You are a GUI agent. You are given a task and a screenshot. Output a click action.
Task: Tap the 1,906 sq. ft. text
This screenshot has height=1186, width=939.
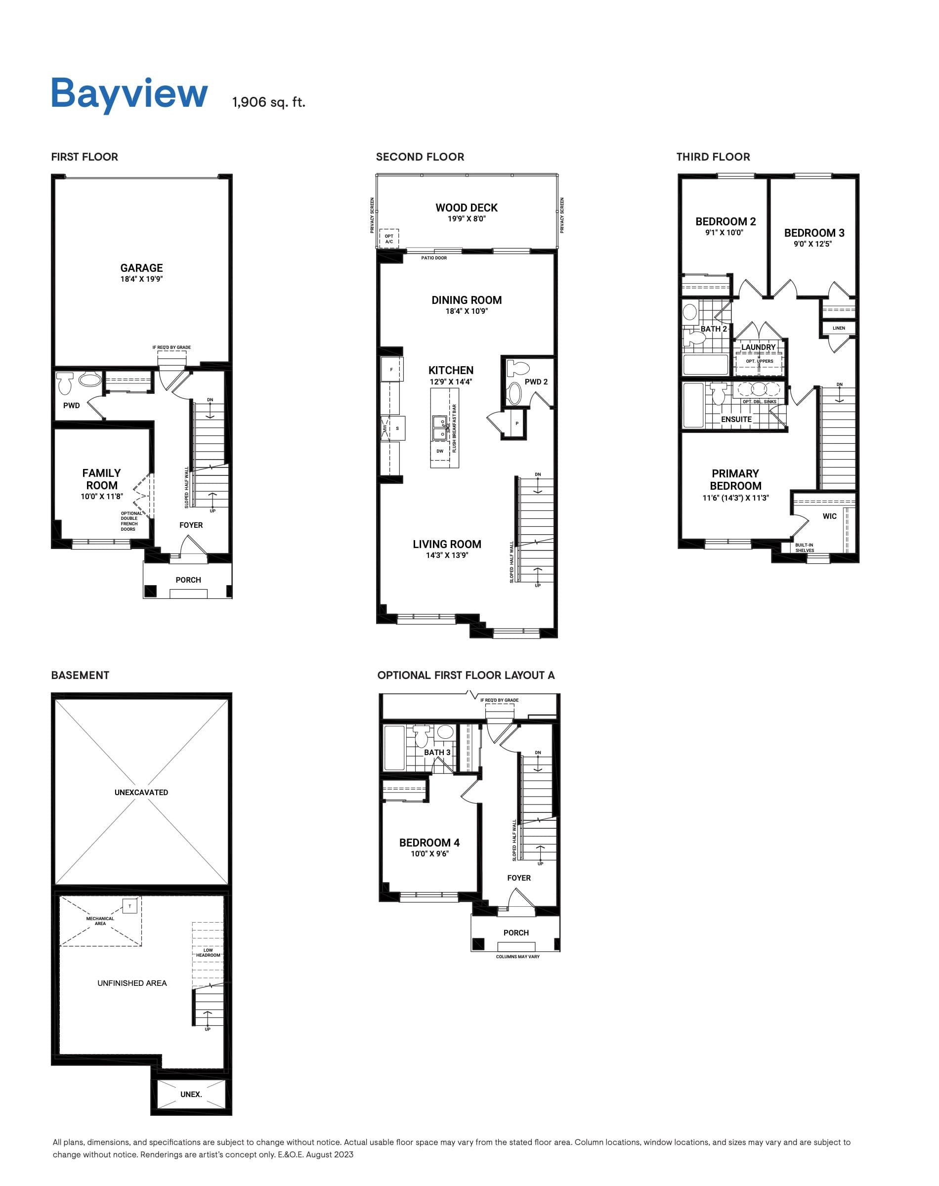click(268, 102)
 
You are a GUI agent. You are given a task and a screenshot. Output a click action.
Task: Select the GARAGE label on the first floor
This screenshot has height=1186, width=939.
click(141, 268)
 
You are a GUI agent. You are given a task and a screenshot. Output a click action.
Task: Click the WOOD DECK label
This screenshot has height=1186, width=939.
click(466, 208)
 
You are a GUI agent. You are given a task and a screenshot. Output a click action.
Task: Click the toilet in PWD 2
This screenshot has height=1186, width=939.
click(517, 368)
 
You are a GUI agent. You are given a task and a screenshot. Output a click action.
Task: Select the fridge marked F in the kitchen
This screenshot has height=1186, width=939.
click(391, 369)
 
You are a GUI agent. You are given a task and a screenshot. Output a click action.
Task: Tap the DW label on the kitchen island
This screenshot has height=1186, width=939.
click(440, 451)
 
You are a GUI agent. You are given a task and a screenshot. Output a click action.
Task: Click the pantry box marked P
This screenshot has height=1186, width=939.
click(516, 424)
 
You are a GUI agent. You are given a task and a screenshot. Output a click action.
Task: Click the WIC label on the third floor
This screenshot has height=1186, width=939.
click(830, 516)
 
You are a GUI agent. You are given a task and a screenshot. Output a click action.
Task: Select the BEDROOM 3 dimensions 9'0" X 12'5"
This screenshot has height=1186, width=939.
click(812, 244)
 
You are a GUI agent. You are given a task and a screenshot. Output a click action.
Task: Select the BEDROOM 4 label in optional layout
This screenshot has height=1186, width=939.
click(429, 843)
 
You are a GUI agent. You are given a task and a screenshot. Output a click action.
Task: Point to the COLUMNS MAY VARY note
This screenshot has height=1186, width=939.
click(517, 957)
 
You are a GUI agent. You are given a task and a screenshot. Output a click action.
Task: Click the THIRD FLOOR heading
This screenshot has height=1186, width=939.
click(713, 157)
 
